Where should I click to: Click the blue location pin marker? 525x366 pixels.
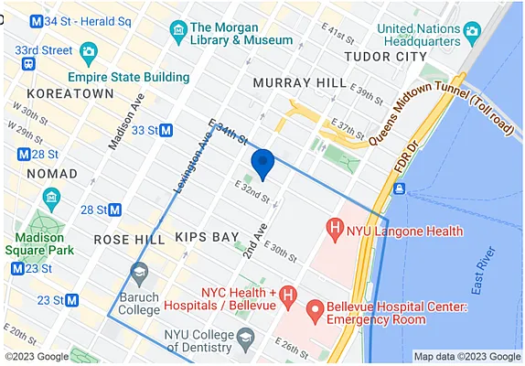click(262, 163)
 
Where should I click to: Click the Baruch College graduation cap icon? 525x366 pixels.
click(139, 272)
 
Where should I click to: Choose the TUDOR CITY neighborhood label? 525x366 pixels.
click(384, 57)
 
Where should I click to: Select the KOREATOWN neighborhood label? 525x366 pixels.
click(70, 94)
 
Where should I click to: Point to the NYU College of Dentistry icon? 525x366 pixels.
click(244, 340)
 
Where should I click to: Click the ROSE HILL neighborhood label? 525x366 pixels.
click(129, 240)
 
